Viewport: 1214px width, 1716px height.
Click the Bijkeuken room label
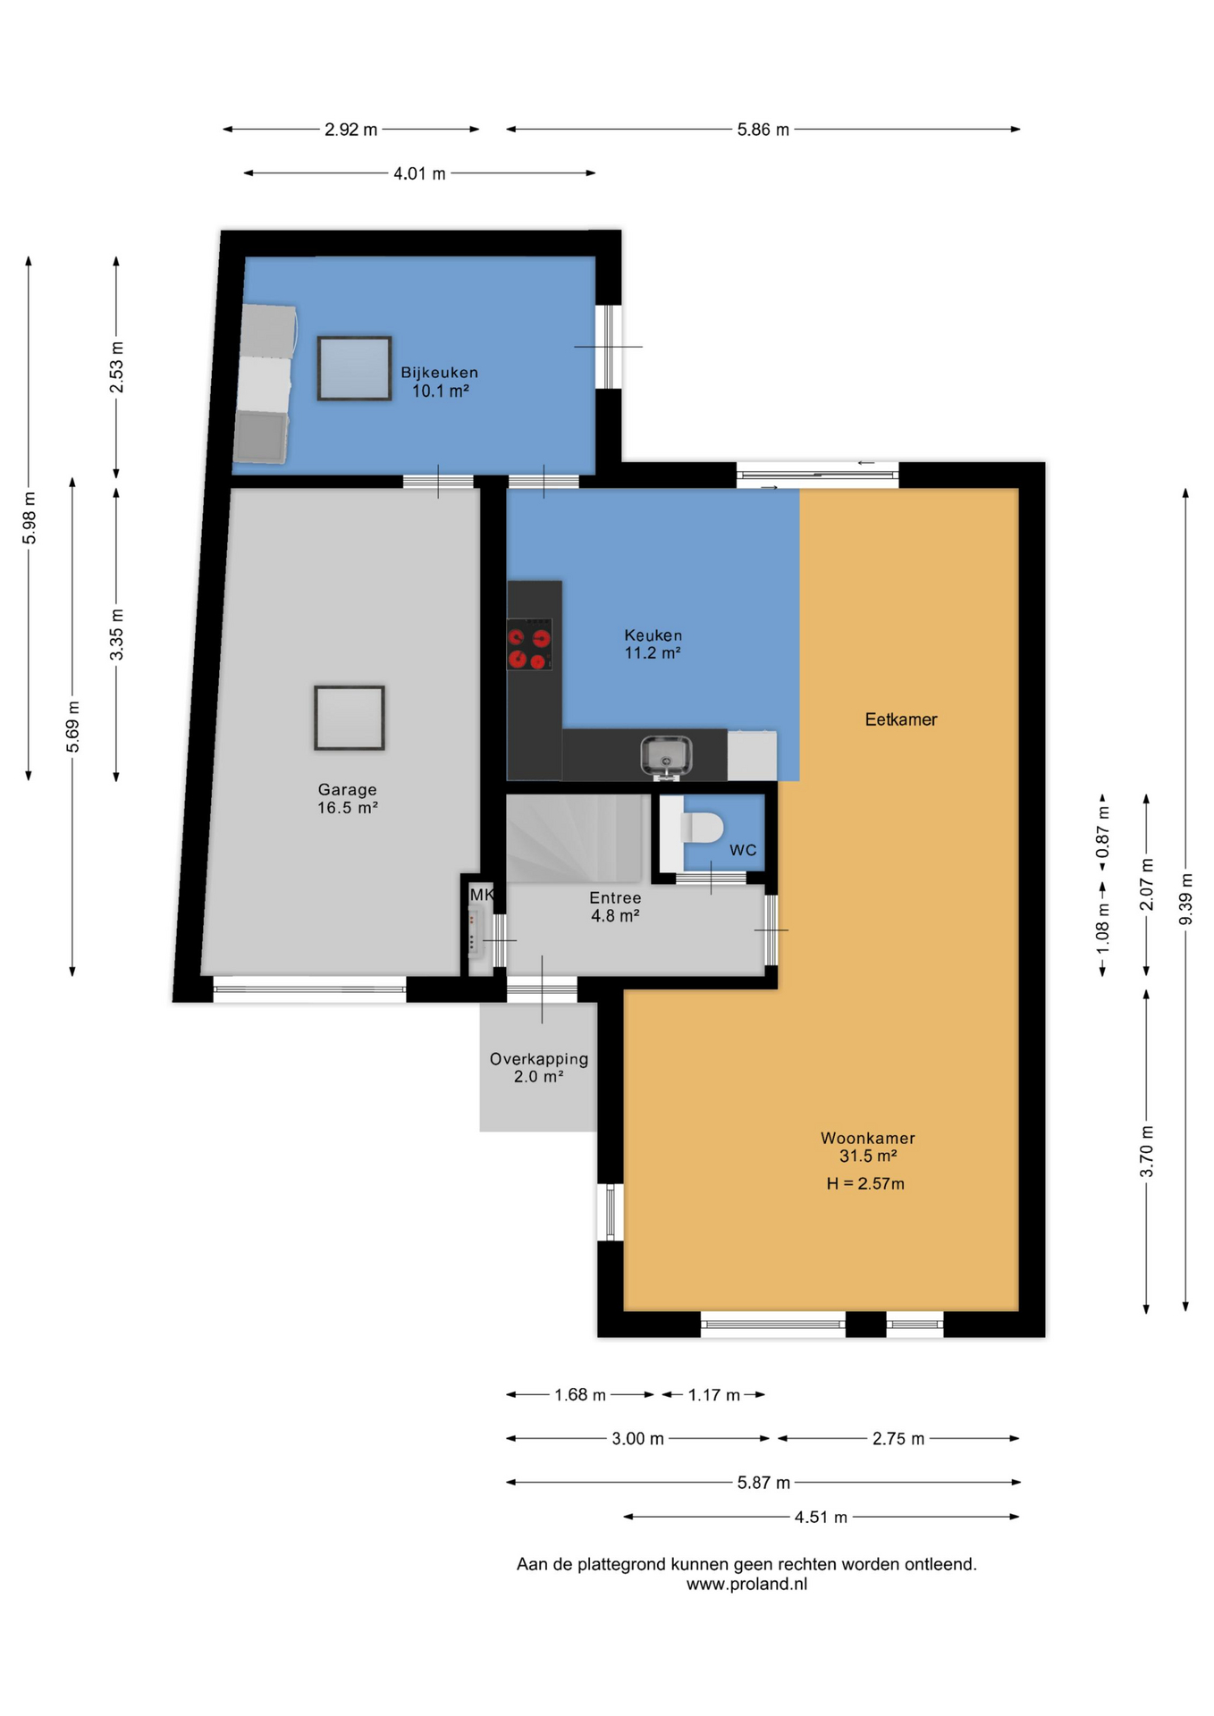click(x=439, y=373)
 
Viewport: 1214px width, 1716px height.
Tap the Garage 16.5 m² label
click(x=347, y=798)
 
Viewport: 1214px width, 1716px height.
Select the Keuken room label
click(x=653, y=635)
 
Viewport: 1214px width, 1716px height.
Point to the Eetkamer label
click(x=901, y=719)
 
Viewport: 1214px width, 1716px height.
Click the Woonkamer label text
click(x=868, y=1138)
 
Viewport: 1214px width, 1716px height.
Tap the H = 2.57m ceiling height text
click(x=865, y=1183)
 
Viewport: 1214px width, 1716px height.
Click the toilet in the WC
click(x=702, y=828)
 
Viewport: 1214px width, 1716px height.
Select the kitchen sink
click(x=666, y=755)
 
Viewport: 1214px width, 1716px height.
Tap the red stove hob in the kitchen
click(x=529, y=644)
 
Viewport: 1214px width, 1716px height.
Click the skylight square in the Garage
click(x=350, y=718)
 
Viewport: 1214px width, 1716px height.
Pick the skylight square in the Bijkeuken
click(x=354, y=368)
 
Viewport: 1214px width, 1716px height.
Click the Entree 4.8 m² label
click(x=615, y=906)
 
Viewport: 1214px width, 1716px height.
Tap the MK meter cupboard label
click(x=482, y=895)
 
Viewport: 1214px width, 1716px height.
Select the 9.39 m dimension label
click(x=1185, y=898)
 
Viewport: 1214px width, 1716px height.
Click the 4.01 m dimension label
click(x=419, y=173)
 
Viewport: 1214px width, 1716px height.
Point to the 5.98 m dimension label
click(x=29, y=517)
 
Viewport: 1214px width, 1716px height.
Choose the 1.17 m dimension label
click(x=713, y=1395)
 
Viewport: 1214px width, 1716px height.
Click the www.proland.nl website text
click(x=746, y=1584)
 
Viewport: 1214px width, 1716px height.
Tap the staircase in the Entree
click(x=577, y=838)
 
